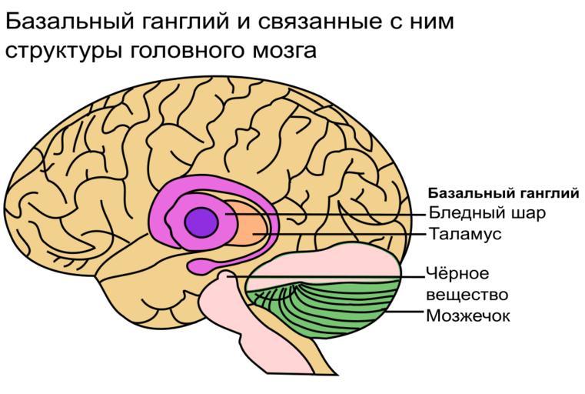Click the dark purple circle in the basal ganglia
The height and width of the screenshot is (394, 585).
click(x=201, y=222)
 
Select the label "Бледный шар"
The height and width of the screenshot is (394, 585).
click(x=487, y=213)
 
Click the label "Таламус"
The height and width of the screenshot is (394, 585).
click(x=465, y=234)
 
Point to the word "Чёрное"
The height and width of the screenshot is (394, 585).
click(x=457, y=273)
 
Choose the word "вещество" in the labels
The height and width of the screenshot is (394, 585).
click(x=467, y=295)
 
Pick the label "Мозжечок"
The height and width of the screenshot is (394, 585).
click(x=468, y=316)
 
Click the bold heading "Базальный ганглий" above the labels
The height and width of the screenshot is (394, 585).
click(x=504, y=193)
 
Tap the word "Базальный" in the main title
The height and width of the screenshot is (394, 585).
click(x=70, y=21)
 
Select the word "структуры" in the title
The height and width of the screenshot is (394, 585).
click(x=64, y=51)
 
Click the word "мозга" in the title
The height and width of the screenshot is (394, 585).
click(x=284, y=51)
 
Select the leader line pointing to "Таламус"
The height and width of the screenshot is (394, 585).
click(x=339, y=235)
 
